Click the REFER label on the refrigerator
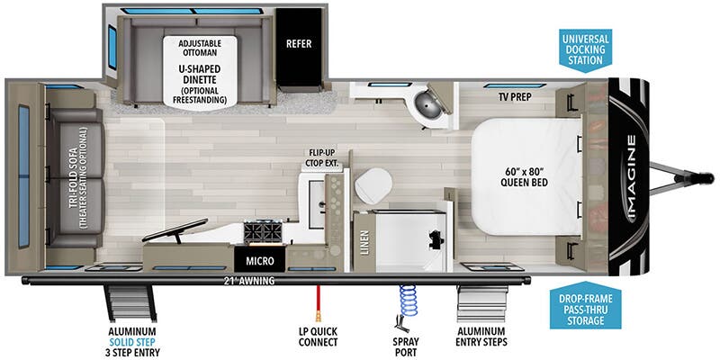(299, 42)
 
